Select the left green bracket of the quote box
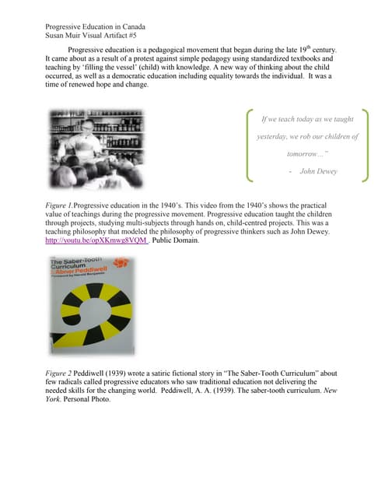[x=248, y=147]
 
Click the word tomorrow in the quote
[x=306, y=154]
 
